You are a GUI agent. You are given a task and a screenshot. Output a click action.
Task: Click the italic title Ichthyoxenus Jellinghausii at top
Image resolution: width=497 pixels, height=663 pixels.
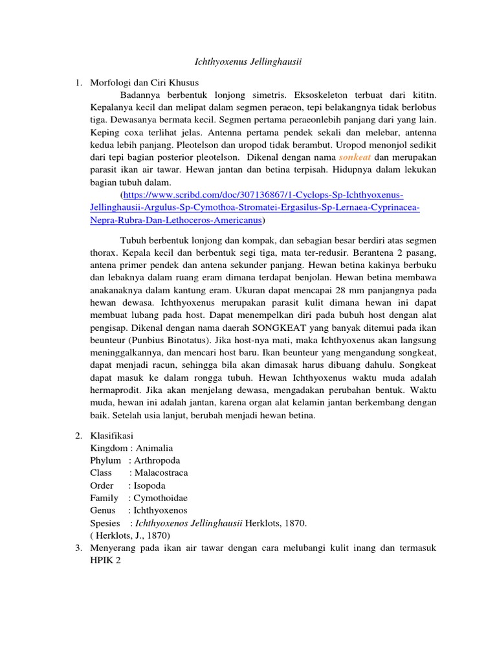pyautogui.click(x=249, y=62)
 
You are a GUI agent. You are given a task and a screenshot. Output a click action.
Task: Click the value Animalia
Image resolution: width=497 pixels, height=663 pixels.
pyautogui.click(x=154, y=448)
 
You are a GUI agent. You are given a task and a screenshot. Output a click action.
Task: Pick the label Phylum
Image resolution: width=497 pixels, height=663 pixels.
pyautogui.click(x=105, y=460)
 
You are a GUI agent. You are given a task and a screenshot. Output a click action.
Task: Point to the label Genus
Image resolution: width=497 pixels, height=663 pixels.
pyautogui.click(x=104, y=510)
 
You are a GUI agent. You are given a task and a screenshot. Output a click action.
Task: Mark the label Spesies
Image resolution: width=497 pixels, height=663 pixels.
pyautogui.click(x=105, y=523)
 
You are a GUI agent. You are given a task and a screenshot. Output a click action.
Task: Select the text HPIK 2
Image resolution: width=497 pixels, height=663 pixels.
pyautogui.click(x=105, y=560)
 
